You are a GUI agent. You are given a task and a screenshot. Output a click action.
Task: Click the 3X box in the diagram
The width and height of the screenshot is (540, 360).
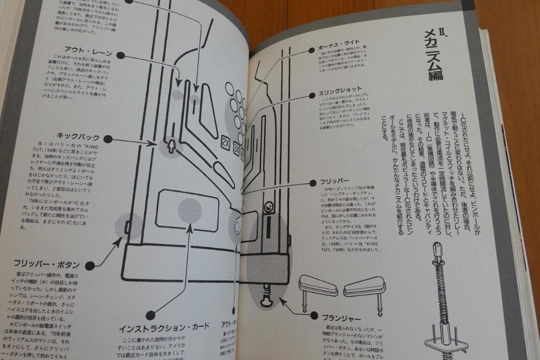237,155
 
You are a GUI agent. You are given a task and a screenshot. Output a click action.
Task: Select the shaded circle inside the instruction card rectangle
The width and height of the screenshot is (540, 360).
190,210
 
